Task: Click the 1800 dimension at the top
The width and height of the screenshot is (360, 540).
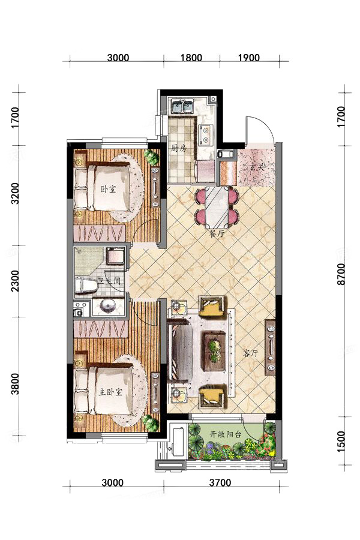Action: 191,57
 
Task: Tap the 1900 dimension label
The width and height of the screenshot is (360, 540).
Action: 249,57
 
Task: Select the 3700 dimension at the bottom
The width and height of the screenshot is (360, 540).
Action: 220,482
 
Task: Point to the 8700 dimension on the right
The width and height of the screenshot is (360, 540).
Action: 341,274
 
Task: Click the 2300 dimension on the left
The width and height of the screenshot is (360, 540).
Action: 15,281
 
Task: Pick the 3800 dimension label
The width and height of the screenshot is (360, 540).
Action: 15,384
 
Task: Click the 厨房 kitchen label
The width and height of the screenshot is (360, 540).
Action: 179,149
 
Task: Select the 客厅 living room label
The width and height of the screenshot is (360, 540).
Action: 251,353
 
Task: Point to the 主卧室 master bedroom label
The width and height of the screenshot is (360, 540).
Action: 110,392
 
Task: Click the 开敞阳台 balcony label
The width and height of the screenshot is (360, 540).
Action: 226,434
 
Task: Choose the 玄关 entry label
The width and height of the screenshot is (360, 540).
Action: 259,169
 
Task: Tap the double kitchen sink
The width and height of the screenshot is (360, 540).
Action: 182,106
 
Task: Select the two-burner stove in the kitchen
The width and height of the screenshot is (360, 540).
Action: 206,136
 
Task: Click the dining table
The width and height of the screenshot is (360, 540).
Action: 217,208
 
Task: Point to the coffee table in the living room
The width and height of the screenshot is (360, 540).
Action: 213,351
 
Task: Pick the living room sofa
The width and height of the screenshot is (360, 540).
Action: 179,350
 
